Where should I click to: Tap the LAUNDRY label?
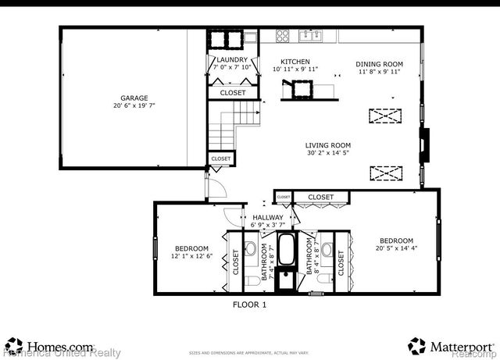point(231,59)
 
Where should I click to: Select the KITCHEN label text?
point(296,61)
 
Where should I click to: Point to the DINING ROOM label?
point(379,63)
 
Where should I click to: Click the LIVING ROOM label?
point(328,144)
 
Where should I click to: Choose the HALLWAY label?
point(267,217)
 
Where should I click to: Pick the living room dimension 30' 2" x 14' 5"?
point(328,154)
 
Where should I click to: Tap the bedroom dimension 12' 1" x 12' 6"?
point(192,255)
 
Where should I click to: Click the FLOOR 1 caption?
point(250,305)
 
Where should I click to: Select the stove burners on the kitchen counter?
point(283,35)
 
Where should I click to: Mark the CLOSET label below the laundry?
point(232,93)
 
